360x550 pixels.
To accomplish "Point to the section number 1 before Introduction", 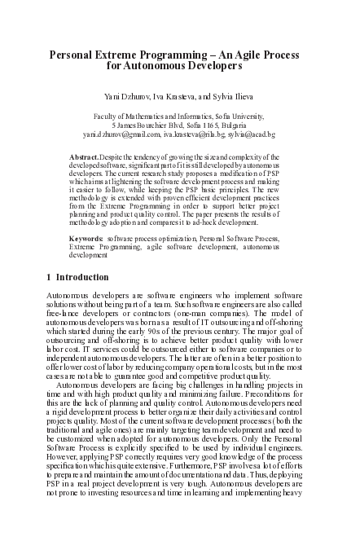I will click(x=50, y=277).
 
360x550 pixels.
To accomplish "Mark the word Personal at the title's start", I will click(x=72, y=54).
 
